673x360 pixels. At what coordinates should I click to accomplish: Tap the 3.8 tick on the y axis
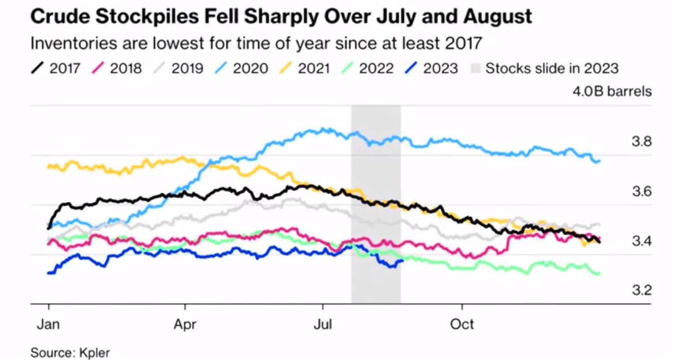coord(641,141)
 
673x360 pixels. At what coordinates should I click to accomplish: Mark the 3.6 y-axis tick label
coord(641,192)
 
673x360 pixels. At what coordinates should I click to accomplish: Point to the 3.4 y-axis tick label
coord(641,241)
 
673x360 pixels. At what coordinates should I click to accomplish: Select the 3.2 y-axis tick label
coord(641,291)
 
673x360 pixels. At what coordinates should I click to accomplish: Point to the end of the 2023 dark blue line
coord(402,260)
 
